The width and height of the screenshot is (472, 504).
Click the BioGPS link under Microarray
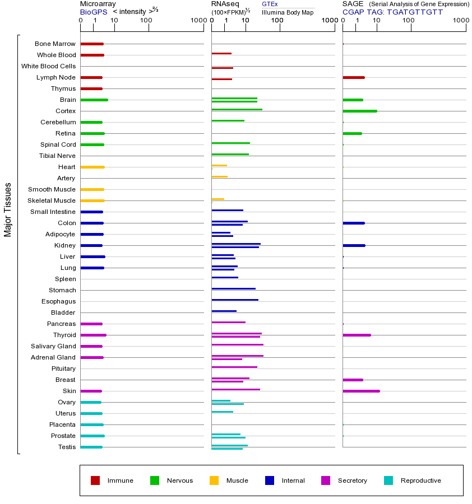click(92, 11)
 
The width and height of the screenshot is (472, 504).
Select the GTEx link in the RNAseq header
click(270, 4)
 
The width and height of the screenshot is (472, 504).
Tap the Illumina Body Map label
click(288, 12)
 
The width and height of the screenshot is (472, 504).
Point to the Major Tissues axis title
click(8, 209)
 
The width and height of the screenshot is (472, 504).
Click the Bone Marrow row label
click(55, 44)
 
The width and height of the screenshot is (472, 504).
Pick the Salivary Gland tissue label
click(53, 346)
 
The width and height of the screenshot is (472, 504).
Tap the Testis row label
click(67, 447)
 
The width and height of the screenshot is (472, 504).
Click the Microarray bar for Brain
click(94, 100)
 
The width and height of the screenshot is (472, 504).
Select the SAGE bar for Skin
click(361, 391)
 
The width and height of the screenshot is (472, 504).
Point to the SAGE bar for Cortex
click(359, 111)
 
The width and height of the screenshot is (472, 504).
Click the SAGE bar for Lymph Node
click(354, 77)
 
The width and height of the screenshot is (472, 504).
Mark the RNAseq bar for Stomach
click(233, 288)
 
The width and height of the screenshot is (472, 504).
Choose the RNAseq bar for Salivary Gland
click(237, 344)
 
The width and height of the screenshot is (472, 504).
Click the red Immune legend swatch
click(95, 480)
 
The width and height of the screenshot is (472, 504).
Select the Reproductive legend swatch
click(388, 480)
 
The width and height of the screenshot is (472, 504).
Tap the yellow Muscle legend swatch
click(214, 480)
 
